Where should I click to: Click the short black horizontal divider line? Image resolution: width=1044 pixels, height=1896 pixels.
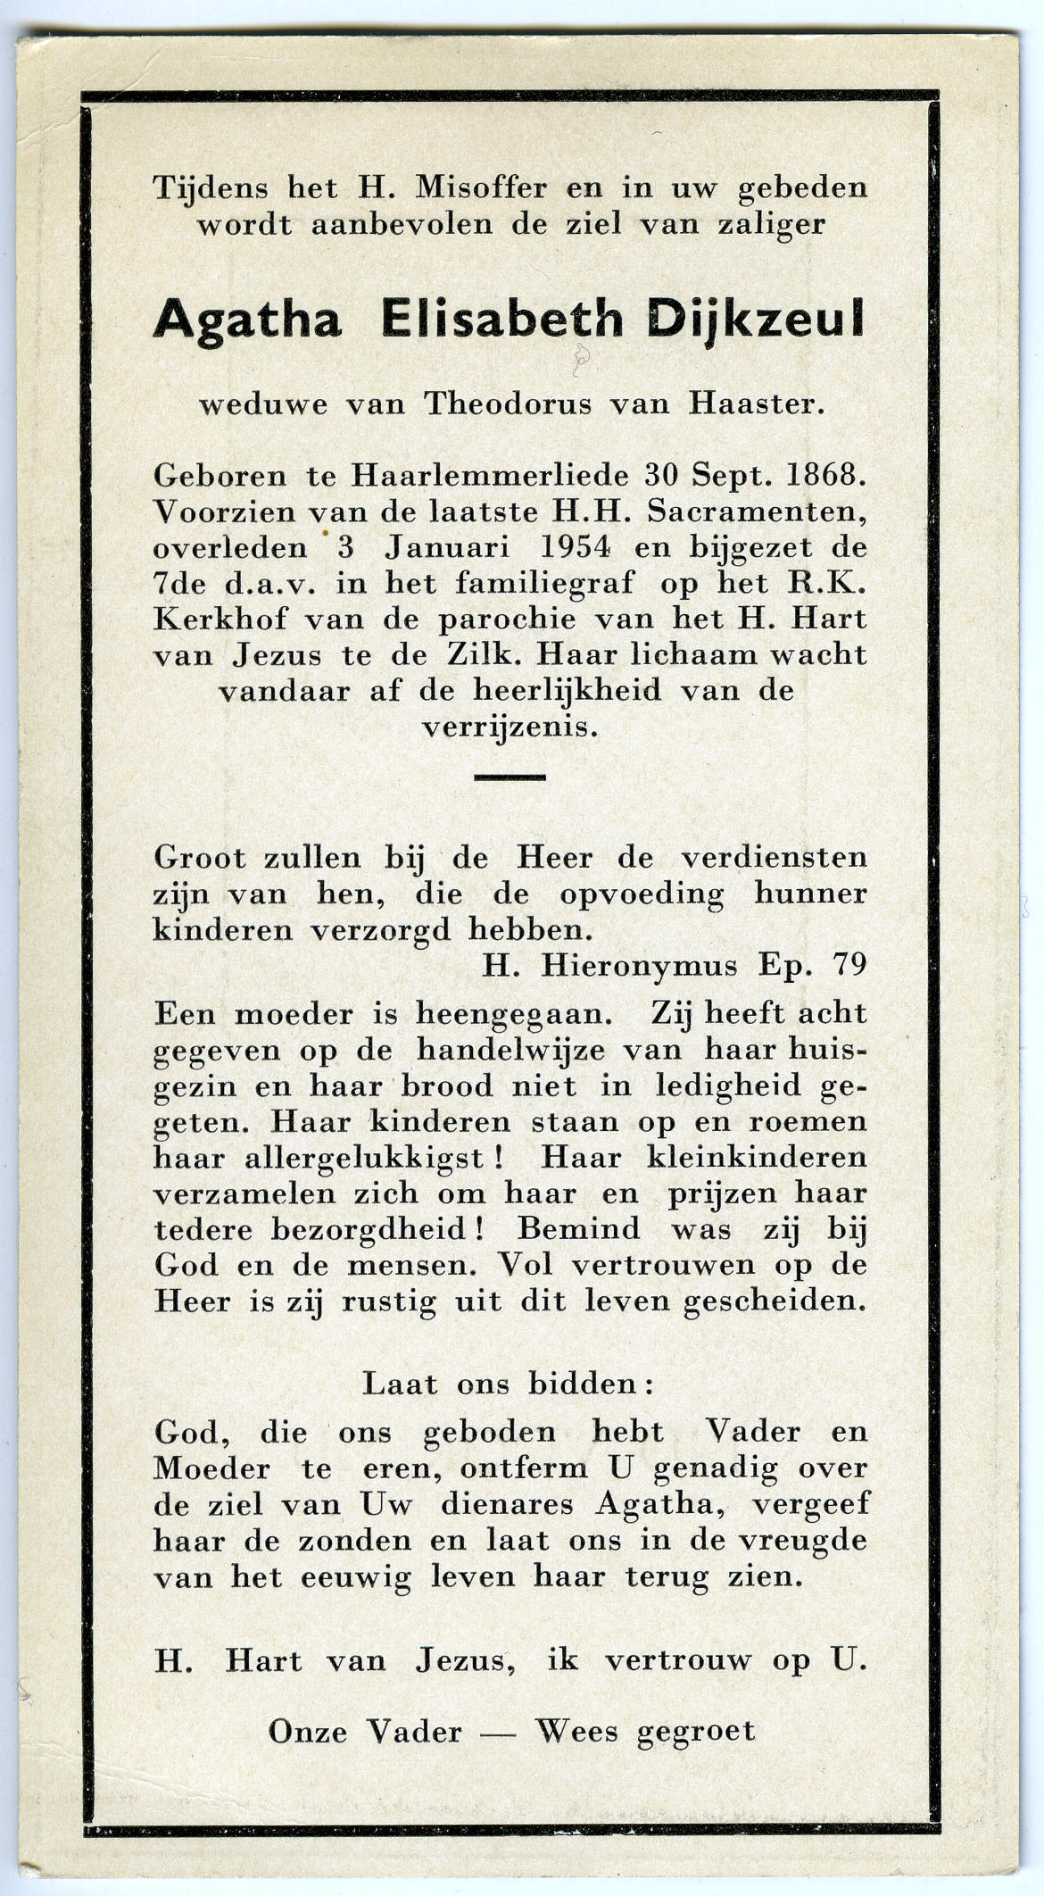tap(510, 778)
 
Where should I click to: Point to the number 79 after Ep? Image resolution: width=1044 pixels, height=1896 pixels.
tap(848, 965)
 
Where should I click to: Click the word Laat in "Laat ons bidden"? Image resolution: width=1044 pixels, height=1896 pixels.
tap(400, 1385)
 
